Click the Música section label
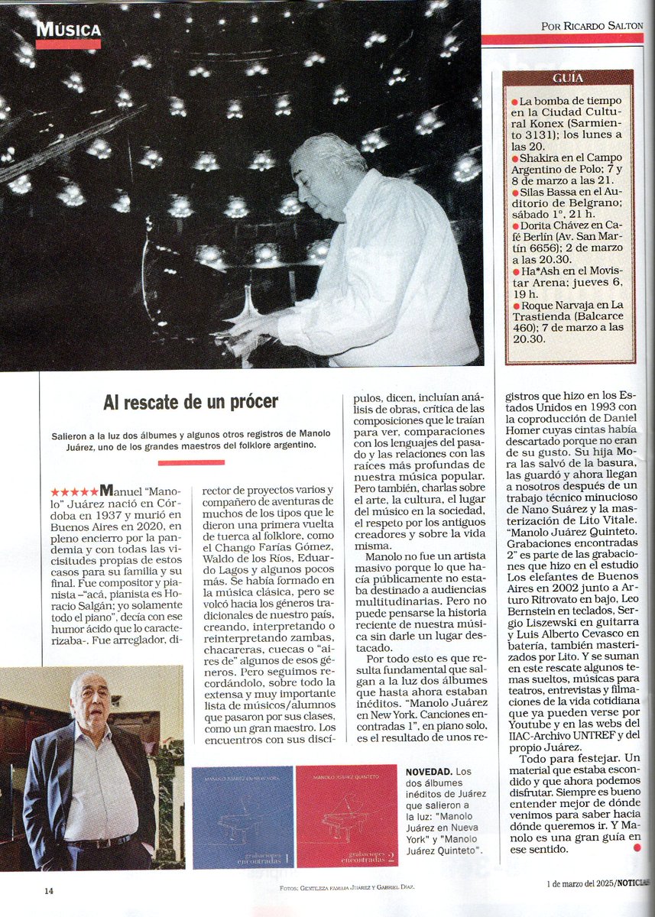pos(68,30)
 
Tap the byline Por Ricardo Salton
pos(592,25)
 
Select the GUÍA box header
pos(568,78)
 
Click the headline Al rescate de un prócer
pos(191,402)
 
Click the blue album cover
pos(242,817)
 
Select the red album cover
pos(346,817)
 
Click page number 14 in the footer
pos(48,890)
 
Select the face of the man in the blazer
pos(90,702)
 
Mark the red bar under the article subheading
pos(191,462)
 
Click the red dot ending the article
pos(637,847)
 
